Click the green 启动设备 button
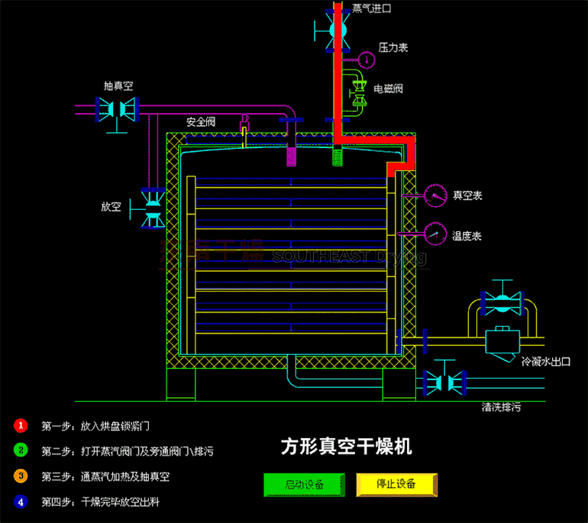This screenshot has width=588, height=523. coord(304,484)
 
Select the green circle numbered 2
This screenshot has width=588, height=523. coord(21,450)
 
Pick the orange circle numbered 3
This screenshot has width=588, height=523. coord(21,476)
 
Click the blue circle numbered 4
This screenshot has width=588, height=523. coord(21,502)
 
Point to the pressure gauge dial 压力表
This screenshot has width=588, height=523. coord(367,58)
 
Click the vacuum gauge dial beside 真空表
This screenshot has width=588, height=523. coord(436,195)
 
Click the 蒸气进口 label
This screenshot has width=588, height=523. coord(372,9)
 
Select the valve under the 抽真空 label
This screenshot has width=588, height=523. coord(115,108)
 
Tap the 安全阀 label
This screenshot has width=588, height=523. coord(201,121)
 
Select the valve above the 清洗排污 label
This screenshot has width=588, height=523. coord(443,379)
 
